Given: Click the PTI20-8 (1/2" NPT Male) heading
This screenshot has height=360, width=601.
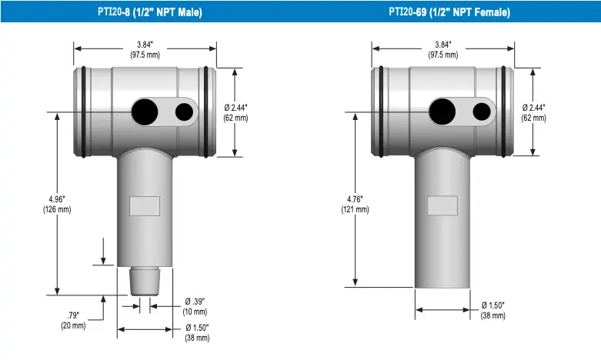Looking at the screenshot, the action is tap(150, 12).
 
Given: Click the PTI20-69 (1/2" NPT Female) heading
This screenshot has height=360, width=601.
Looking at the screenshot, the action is tap(449, 12).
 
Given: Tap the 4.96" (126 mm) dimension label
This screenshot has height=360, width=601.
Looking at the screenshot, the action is tap(57, 204).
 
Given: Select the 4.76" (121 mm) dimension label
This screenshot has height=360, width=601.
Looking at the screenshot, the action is tap(355, 204).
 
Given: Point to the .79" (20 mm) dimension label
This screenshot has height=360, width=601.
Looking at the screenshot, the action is tap(73, 321).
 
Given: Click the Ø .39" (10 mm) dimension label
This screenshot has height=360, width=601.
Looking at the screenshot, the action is tap(195, 307).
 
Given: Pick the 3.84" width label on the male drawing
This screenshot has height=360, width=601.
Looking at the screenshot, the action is tap(145, 50).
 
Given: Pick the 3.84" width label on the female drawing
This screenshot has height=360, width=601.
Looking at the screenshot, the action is tap(443, 50).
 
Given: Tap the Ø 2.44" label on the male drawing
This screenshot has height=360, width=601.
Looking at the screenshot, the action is tap(235, 112).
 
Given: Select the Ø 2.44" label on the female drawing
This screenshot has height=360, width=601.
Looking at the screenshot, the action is tap(533, 112).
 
